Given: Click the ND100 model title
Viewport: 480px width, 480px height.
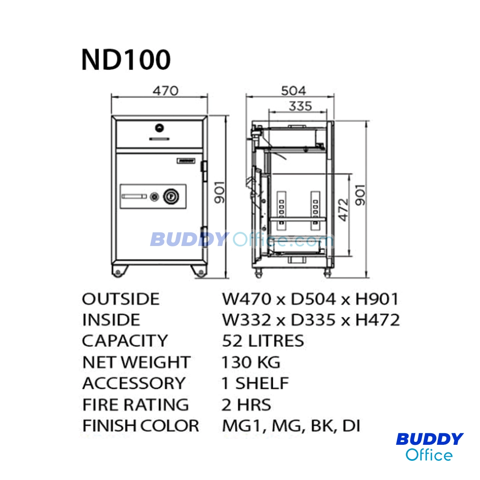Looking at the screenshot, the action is [x=126, y=60].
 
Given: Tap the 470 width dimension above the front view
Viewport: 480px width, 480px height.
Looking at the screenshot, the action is [x=166, y=91].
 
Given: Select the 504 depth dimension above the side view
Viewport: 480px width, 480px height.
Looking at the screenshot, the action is [x=294, y=91].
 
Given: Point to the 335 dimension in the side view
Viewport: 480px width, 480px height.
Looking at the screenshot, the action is [x=300, y=106].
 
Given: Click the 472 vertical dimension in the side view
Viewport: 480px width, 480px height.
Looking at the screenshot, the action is [x=344, y=210].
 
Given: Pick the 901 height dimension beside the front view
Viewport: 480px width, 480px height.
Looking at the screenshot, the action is [x=220, y=192].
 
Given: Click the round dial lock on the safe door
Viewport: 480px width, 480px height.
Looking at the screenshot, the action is [x=171, y=197].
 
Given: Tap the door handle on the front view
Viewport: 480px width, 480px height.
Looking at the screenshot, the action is [x=134, y=197].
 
